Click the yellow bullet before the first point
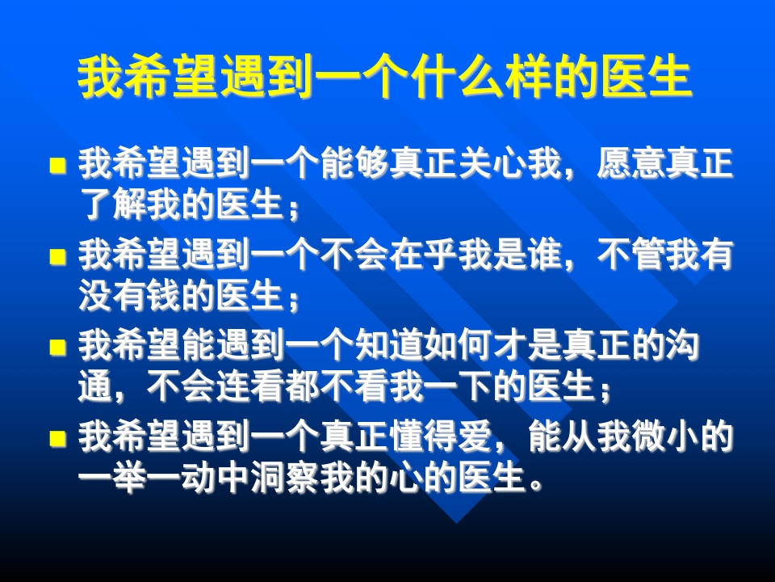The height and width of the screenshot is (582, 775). [x=57, y=167]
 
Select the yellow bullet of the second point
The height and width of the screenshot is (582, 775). [x=57, y=258]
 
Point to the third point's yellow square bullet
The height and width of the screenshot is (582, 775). [x=57, y=348]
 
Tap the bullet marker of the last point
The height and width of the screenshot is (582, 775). [x=57, y=439]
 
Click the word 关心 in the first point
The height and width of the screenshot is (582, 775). [x=492, y=166]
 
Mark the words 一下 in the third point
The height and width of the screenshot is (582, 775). [x=491, y=387]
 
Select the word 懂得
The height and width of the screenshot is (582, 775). [x=422, y=438]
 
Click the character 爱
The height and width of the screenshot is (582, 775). [x=474, y=438]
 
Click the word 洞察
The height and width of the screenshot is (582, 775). [x=284, y=478]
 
